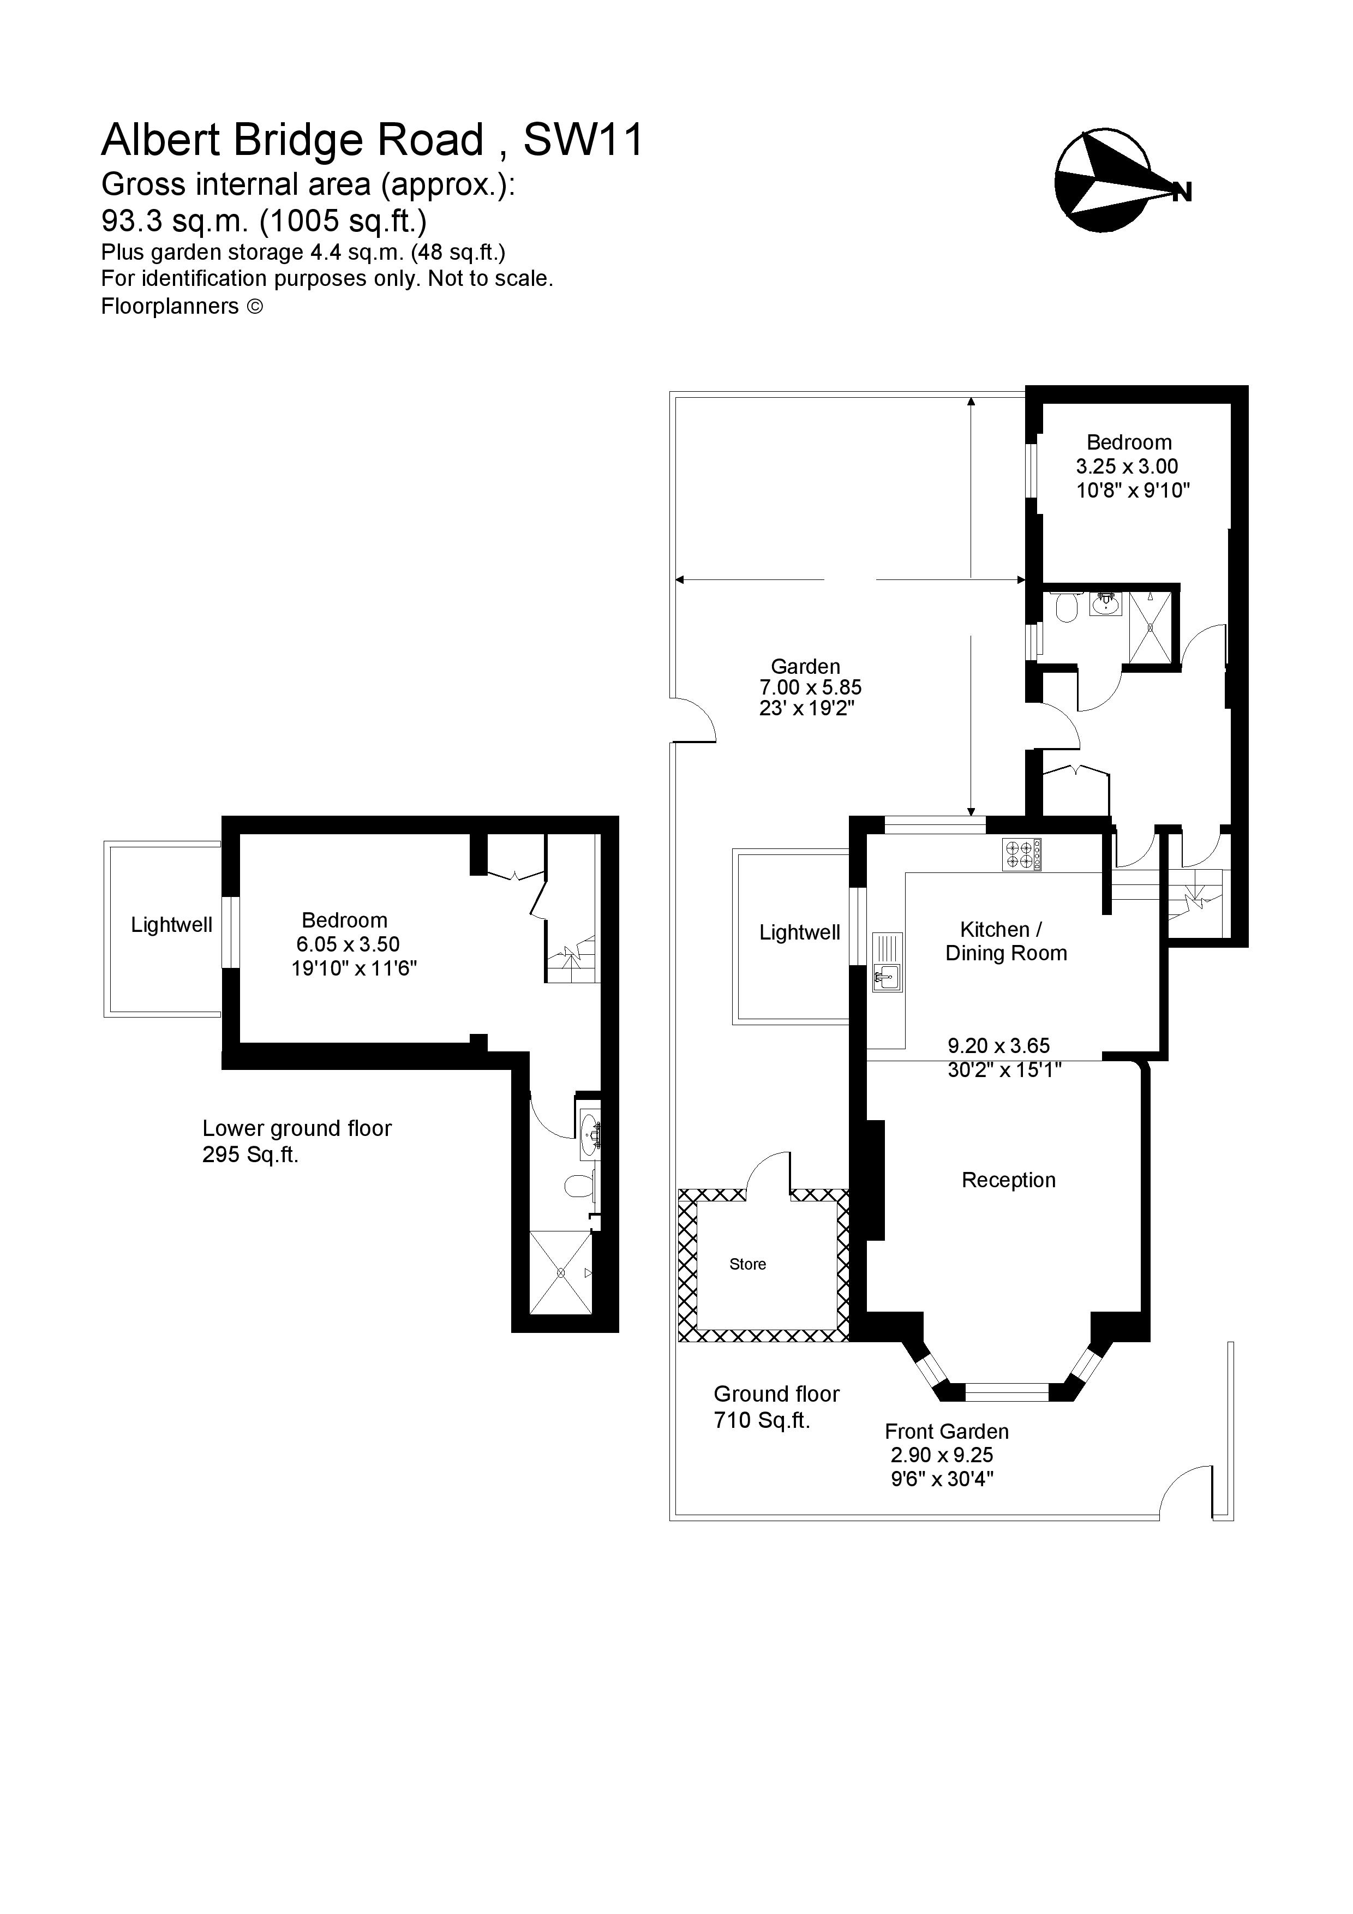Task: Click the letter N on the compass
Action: click(x=1181, y=193)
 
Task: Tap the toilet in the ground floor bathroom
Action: click(x=1065, y=608)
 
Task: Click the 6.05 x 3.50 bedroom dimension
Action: click(x=348, y=944)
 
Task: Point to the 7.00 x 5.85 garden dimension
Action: click(x=810, y=687)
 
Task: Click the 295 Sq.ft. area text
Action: click(x=250, y=1155)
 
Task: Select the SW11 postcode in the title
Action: click(x=584, y=140)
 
